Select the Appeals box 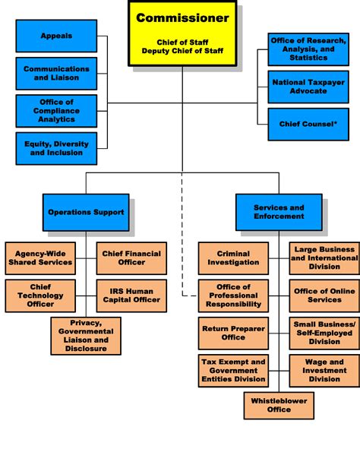click(x=56, y=36)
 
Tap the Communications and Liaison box click(x=56, y=73)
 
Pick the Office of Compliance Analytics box click(x=56, y=111)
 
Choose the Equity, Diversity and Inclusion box click(x=56, y=148)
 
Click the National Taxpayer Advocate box click(x=308, y=87)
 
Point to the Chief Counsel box click(x=308, y=124)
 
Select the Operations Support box click(x=86, y=212)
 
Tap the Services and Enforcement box click(x=279, y=212)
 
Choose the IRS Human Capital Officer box click(x=131, y=295)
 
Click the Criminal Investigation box click(x=233, y=258)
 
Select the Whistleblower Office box click(x=279, y=406)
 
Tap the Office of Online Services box click(x=324, y=295)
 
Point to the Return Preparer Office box click(x=233, y=332)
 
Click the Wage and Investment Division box click(x=324, y=370)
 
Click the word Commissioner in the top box click(x=182, y=17)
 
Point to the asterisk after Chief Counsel click(x=336, y=122)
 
